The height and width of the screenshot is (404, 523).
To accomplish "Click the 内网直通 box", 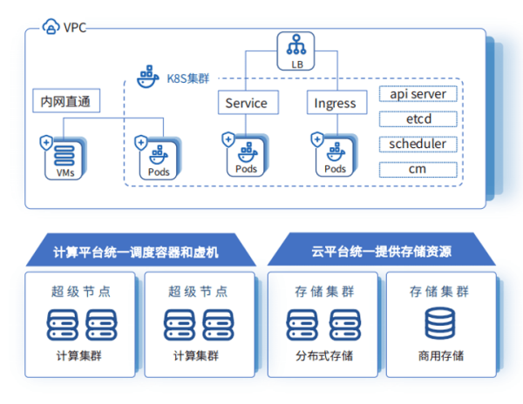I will coord(65,102).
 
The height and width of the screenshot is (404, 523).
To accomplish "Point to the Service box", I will coord(247,103).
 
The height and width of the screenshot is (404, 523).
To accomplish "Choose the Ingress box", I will coord(335,103).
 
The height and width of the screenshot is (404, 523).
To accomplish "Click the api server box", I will coord(418,94).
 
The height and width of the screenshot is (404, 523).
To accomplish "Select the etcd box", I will coord(418,118).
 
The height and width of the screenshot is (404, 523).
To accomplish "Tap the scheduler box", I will coord(418,144).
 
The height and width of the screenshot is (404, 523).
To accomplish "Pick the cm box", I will coord(418,169).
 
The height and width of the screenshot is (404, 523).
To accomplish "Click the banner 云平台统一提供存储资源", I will coord(382,252).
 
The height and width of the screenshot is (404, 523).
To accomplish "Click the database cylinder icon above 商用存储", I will coord(440,325).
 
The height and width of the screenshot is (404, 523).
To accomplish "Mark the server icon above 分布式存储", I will coord(322,325).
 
